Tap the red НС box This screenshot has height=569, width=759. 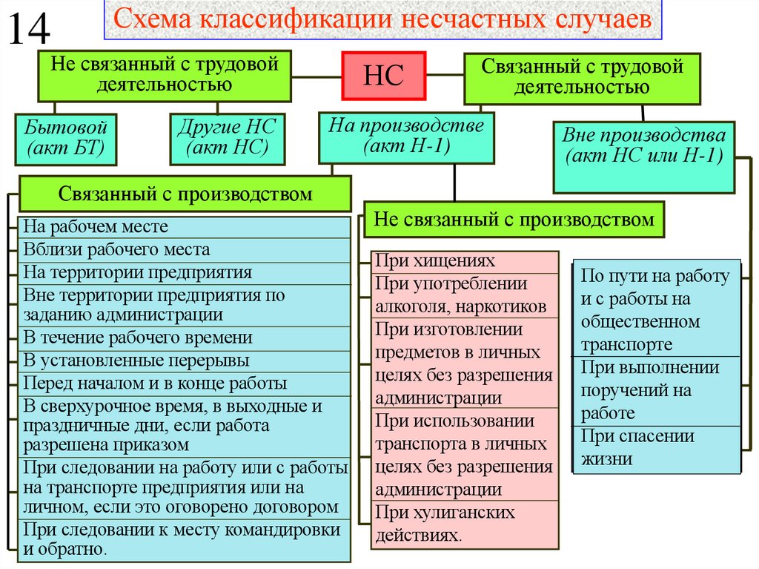point(384,75)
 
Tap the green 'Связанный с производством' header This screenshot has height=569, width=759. point(185,195)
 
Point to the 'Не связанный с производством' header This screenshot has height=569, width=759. point(514,220)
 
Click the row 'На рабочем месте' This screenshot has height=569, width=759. point(185,226)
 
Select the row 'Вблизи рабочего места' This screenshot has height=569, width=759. point(185,250)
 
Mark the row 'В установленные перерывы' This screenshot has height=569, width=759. point(185,361)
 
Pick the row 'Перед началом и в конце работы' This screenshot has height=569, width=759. point(185,384)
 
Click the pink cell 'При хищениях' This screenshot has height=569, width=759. point(466,261)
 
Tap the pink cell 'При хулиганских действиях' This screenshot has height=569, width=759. point(466,524)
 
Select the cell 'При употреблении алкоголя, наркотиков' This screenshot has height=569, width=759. point(466,295)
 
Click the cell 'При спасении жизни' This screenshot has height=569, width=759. point(657,447)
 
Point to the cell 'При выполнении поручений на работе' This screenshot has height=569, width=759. point(657,391)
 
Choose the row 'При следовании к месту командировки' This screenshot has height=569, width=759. point(185,540)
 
